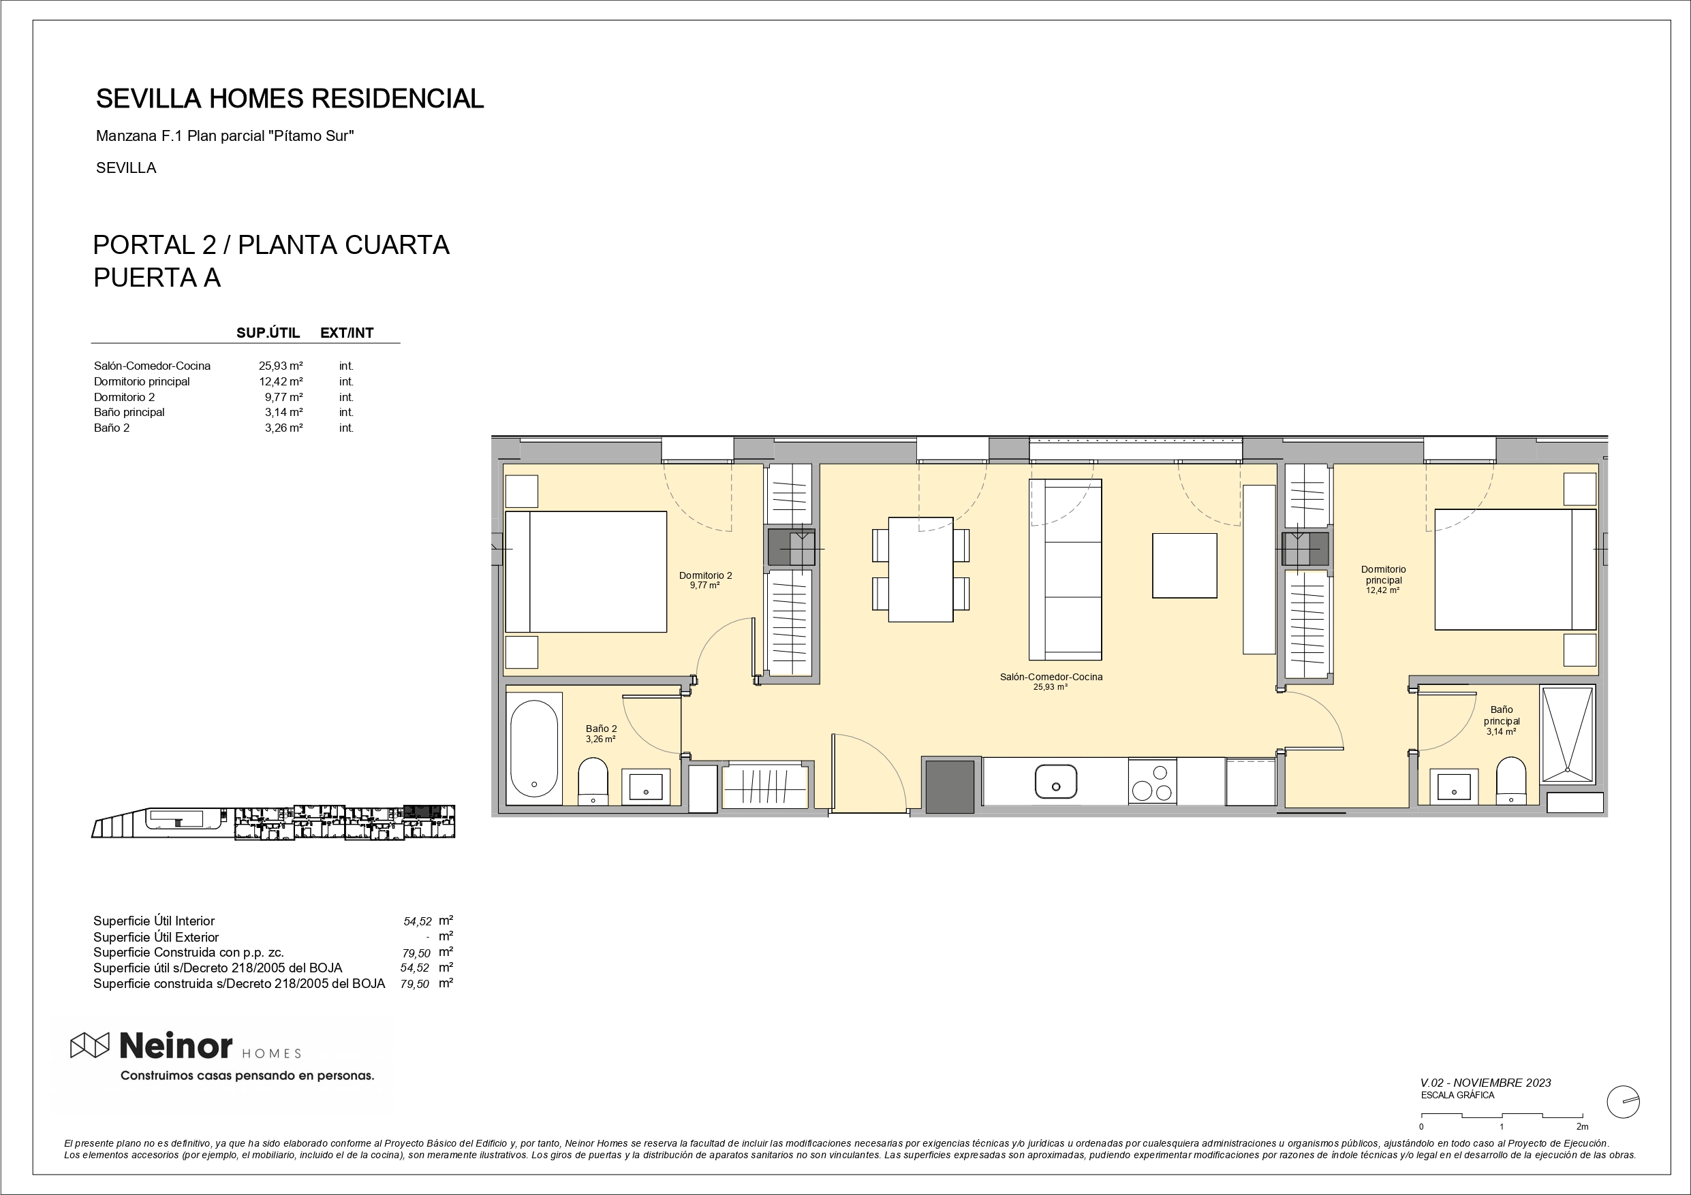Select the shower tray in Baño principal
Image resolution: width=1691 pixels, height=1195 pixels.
pyautogui.click(x=1567, y=735)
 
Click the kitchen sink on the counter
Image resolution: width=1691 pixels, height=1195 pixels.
pyautogui.click(x=1055, y=781)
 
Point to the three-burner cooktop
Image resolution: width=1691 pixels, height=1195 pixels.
pyautogui.click(x=1152, y=782)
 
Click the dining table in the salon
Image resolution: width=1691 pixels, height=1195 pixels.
pyautogui.click(x=920, y=570)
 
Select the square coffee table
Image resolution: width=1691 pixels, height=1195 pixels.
pyautogui.click(x=1184, y=565)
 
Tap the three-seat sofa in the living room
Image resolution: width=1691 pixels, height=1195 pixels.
pyautogui.click(x=1065, y=569)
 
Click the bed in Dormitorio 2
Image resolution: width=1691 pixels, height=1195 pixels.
pyautogui.click(x=585, y=571)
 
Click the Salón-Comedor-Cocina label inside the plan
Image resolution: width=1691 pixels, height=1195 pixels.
pyautogui.click(x=1051, y=677)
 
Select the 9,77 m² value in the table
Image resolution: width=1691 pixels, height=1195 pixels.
pyautogui.click(x=283, y=397)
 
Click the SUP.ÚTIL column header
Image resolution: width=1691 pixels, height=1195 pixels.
pyautogui.click(x=268, y=333)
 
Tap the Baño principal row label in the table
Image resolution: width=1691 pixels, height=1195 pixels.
pyautogui.click(x=129, y=413)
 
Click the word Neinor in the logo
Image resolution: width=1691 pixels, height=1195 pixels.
pyautogui.click(x=175, y=1045)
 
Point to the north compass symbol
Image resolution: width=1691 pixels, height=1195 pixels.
pyautogui.click(x=1622, y=1102)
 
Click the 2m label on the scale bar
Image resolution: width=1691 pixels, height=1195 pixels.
pyautogui.click(x=1582, y=1126)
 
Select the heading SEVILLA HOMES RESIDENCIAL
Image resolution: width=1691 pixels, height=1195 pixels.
pyautogui.click(x=290, y=99)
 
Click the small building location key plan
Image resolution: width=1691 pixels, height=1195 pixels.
pyautogui.click(x=273, y=822)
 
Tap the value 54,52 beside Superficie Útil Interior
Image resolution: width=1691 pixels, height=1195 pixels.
pyautogui.click(x=418, y=921)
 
